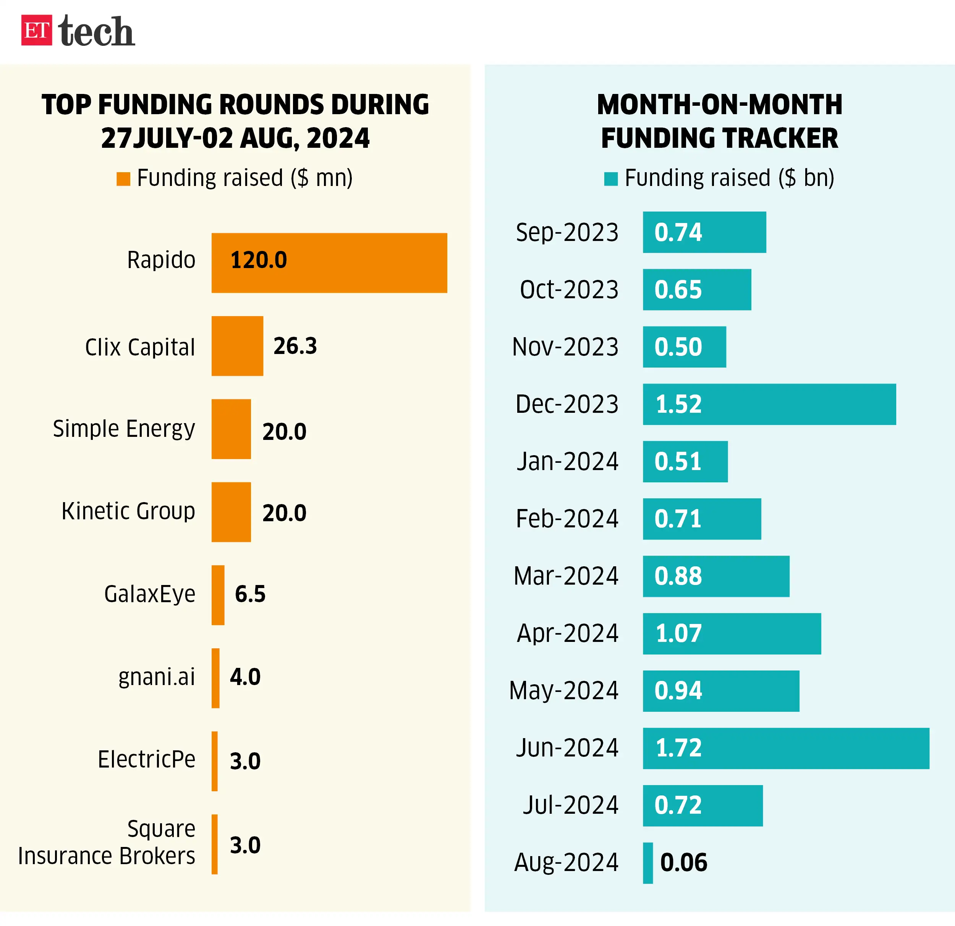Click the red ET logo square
(x=37, y=30)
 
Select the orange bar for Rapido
(x=329, y=263)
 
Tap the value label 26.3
(x=295, y=346)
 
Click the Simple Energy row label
(x=124, y=429)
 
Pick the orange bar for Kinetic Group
(x=231, y=512)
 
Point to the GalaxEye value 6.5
(x=250, y=594)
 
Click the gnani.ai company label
(x=156, y=677)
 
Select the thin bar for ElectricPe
(x=214, y=761)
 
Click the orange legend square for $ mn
(x=123, y=179)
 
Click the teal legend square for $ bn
(x=610, y=179)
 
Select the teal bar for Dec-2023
(x=769, y=404)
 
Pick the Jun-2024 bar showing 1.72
(x=785, y=748)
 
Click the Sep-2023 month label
(x=567, y=232)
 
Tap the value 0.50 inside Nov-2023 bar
(x=678, y=347)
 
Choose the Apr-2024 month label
(x=567, y=633)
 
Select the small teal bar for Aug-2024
(x=647, y=863)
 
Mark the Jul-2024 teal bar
(x=702, y=805)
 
